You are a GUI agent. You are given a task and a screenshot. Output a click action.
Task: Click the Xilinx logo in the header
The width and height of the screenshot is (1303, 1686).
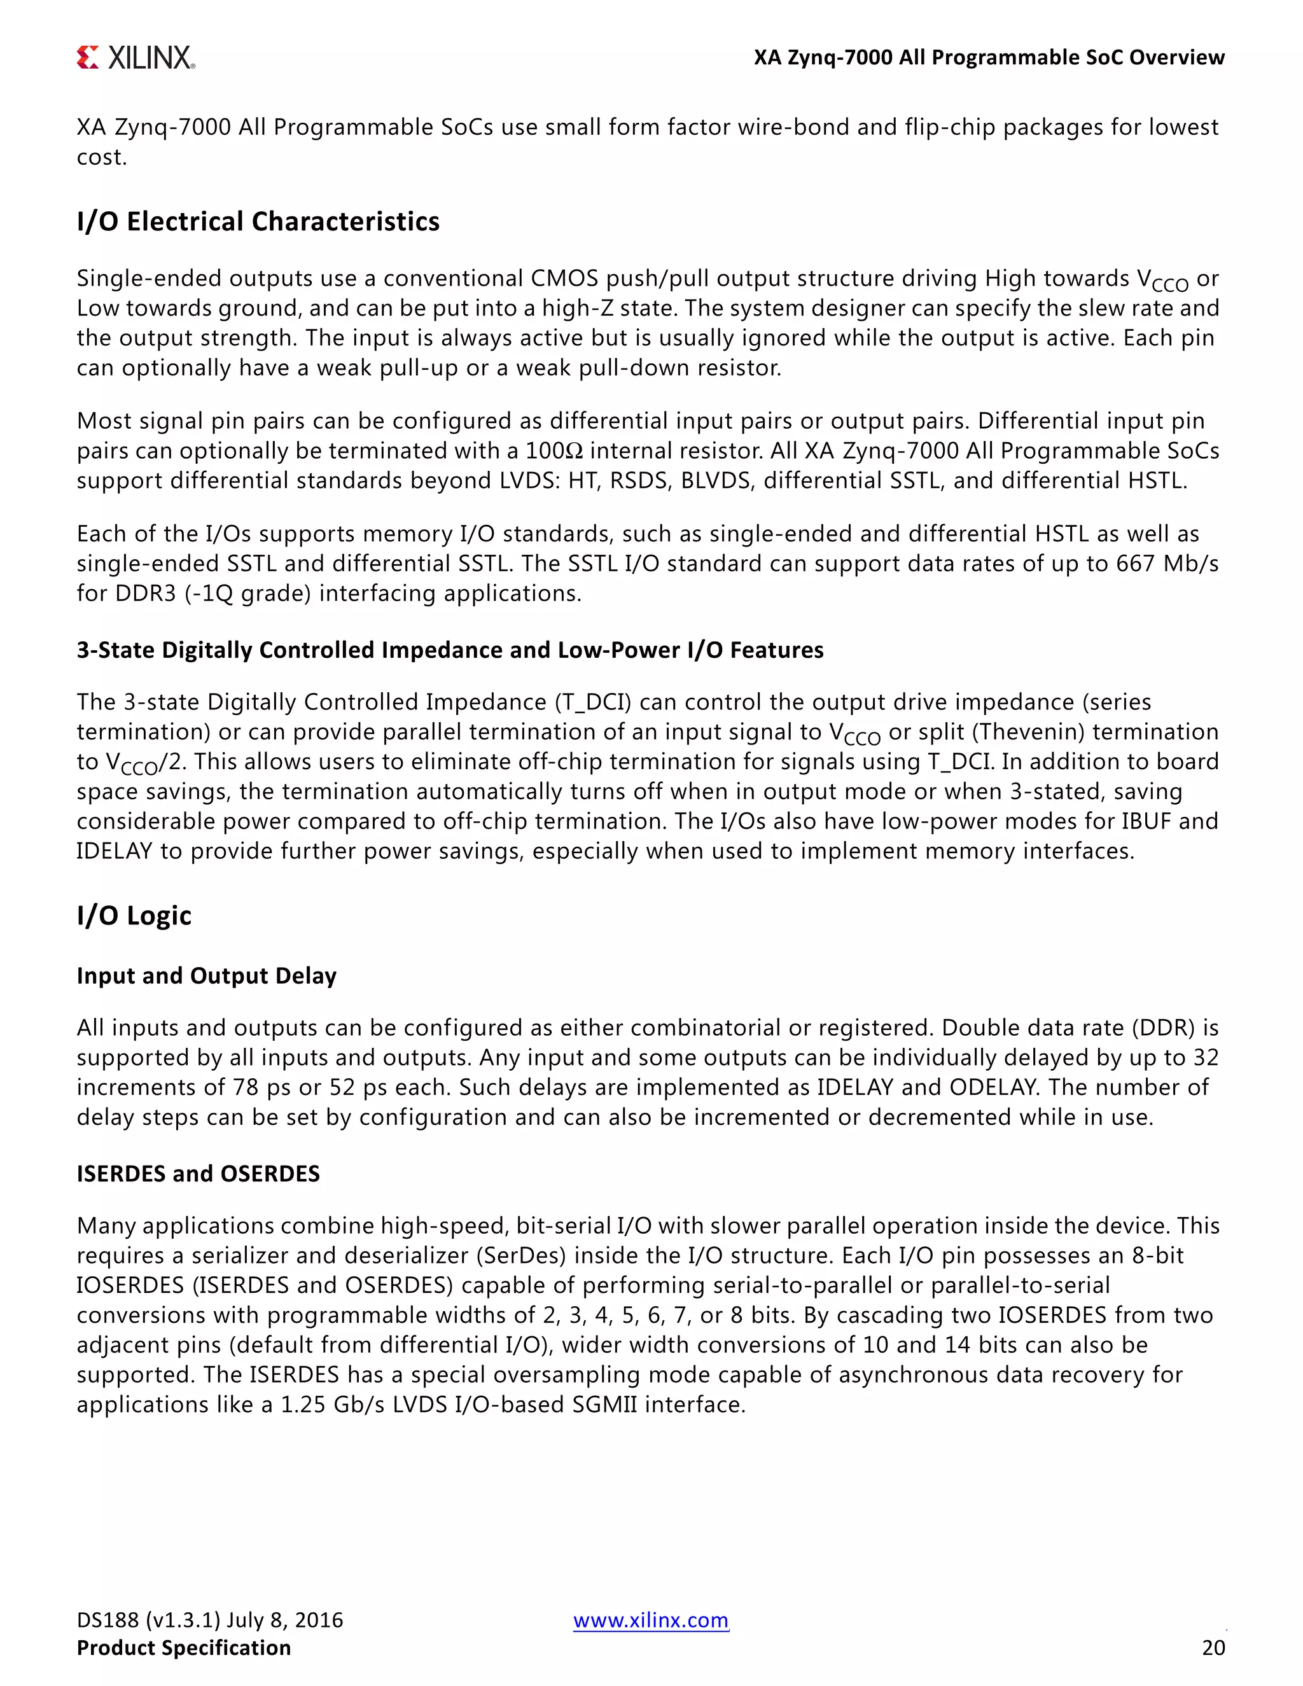(x=136, y=58)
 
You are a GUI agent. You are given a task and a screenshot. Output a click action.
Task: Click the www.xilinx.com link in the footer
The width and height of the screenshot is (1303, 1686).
(x=651, y=1620)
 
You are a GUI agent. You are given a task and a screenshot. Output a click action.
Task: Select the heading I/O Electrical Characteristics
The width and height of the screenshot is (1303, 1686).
(x=258, y=221)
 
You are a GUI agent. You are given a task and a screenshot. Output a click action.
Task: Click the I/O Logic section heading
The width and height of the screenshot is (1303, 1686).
(x=134, y=916)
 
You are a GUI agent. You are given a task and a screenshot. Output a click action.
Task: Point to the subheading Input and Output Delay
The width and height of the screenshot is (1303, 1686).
(x=206, y=976)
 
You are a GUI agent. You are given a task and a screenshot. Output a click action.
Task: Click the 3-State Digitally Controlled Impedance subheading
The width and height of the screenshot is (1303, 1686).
(x=450, y=650)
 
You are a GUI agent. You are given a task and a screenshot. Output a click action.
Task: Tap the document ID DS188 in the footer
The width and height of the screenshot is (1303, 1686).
(x=108, y=1620)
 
